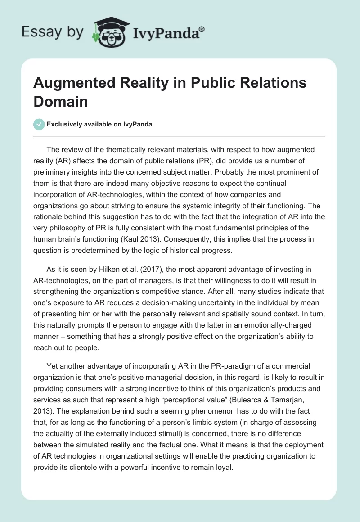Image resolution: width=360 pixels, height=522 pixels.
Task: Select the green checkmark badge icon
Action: coord(39,124)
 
